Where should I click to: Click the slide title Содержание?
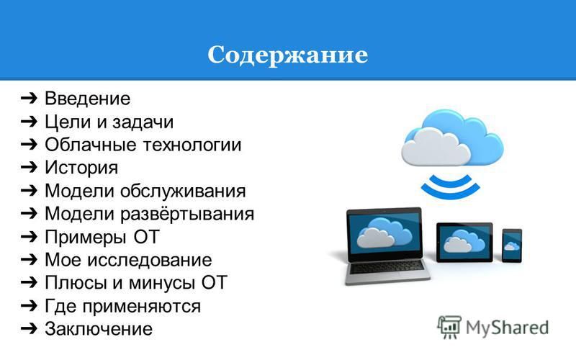(287, 56)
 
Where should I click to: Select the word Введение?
(87, 99)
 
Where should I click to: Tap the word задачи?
(143, 122)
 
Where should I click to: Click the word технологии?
(192, 145)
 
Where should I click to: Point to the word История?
(81, 168)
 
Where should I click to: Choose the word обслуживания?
(183, 192)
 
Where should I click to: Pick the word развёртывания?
(187, 214)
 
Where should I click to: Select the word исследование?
(150, 260)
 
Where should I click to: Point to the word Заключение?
(99, 329)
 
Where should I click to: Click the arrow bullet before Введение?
(29, 98)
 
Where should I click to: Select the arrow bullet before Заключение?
(29, 328)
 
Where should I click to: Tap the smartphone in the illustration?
(512, 246)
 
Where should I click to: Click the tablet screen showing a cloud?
(464, 242)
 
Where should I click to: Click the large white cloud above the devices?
(436, 148)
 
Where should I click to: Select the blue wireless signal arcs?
(451, 186)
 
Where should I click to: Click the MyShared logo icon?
(449, 328)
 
